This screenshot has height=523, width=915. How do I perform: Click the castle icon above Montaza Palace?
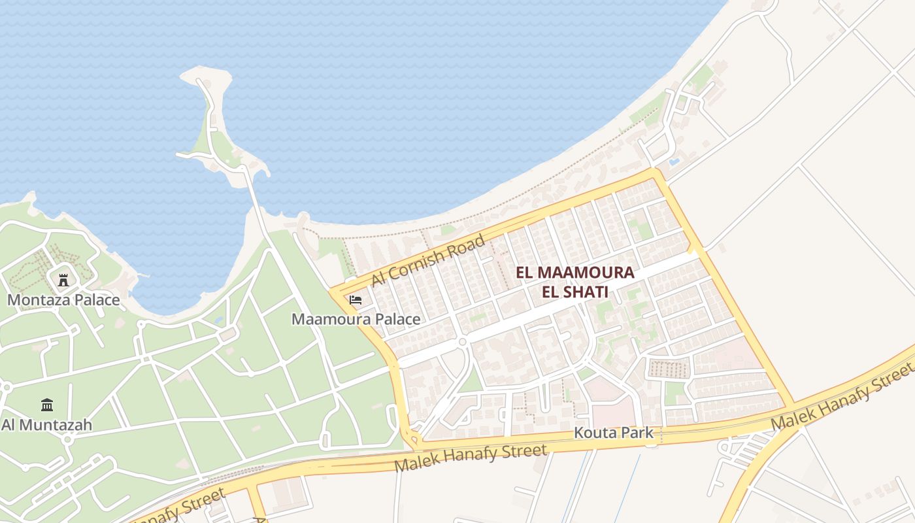click(63, 280)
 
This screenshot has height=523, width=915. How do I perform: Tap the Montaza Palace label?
click(63, 300)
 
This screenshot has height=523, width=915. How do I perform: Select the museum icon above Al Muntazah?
click(46, 405)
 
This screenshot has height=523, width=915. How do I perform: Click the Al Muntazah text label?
click(46, 425)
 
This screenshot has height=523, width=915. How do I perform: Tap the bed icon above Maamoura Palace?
click(356, 300)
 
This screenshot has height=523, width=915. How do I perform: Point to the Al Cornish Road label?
click(428, 260)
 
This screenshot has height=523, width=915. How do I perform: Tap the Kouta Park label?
click(613, 433)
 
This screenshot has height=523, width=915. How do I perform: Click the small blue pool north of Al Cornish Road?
click(674, 160)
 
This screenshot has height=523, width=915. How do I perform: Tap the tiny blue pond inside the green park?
click(218, 321)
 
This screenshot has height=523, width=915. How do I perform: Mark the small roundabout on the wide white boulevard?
click(462, 342)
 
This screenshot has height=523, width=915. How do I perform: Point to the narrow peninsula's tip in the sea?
click(203, 75)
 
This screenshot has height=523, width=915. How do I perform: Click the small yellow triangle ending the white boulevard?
click(693, 250)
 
